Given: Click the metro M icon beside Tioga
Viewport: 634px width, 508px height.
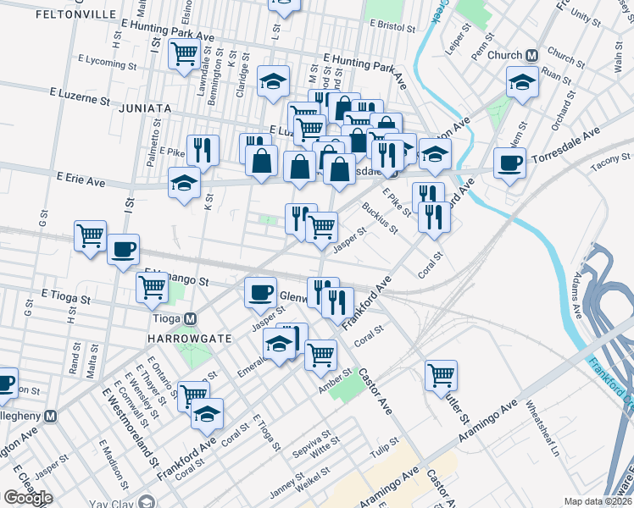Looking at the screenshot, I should (191, 319).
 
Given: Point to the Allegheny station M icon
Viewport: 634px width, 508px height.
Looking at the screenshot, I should (52, 417).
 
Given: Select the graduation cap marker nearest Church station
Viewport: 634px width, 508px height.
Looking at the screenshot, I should (522, 83).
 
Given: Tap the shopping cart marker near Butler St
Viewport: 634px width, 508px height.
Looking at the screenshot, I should (442, 373).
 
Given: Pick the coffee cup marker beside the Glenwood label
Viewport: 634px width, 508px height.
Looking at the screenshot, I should (260, 292).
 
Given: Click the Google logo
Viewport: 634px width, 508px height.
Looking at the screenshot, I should (28, 497).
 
